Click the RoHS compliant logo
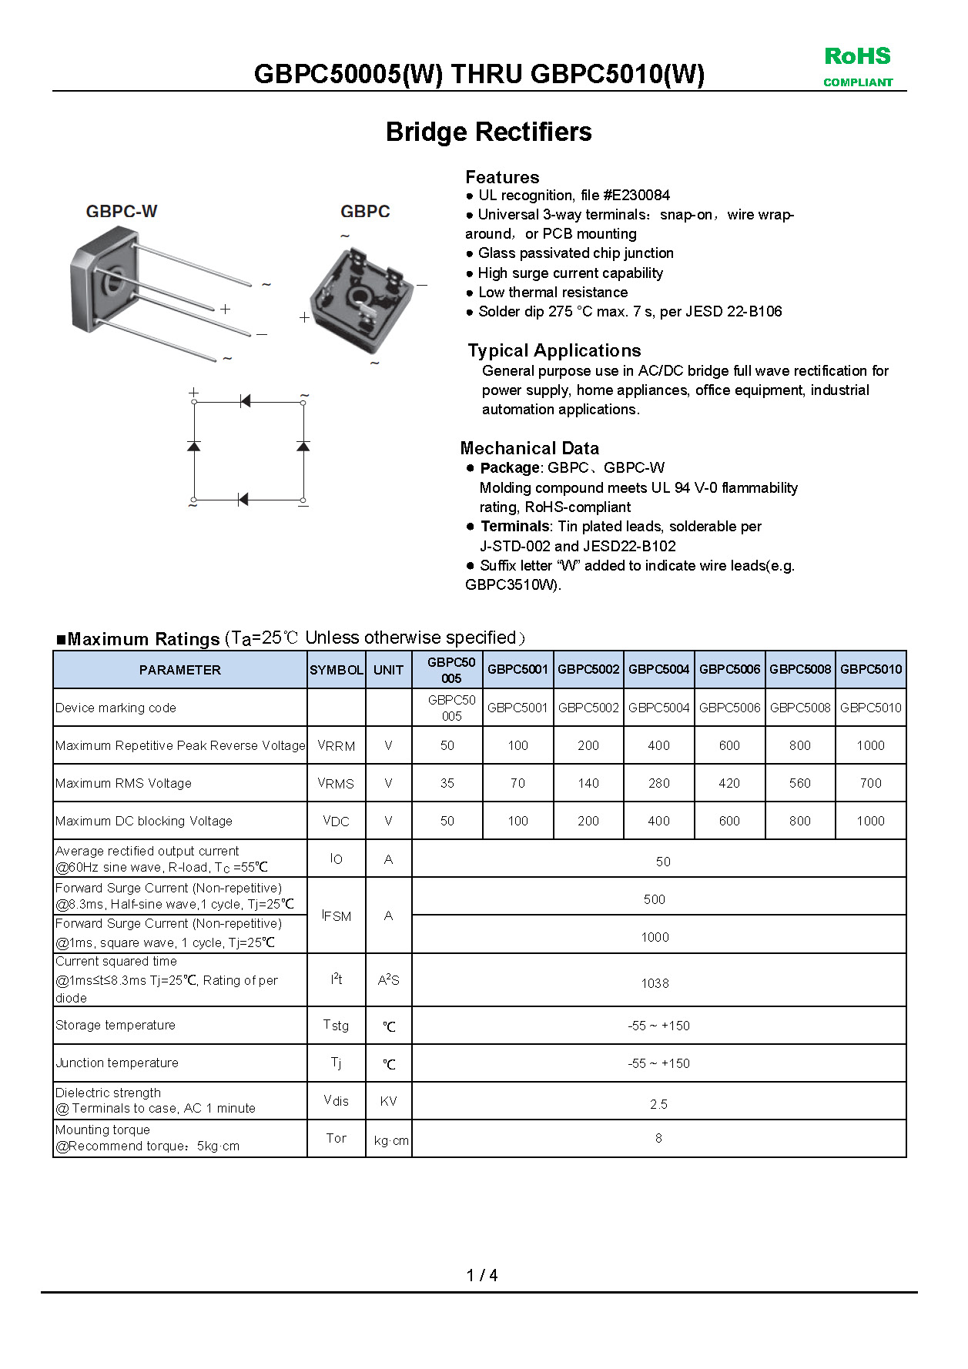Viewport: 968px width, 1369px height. (x=857, y=66)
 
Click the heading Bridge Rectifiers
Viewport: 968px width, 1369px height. (x=488, y=132)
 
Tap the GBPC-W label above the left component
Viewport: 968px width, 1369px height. (x=122, y=211)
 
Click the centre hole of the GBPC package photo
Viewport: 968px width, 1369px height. (x=358, y=297)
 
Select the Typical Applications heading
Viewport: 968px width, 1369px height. (x=554, y=350)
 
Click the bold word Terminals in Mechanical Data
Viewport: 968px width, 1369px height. (x=514, y=527)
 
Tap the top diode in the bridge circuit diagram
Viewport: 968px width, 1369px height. (x=245, y=401)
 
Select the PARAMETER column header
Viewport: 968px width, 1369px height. (x=179, y=670)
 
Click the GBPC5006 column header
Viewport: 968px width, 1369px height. (x=729, y=669)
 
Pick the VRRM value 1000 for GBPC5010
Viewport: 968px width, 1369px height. (x=870, y=745)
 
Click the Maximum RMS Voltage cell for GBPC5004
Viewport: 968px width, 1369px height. (x=658, y=783)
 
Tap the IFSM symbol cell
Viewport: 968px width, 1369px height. (x=337, y=915)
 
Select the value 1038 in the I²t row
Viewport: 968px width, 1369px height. (x=655, y=983)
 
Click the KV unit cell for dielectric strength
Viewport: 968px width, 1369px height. (x=388, y=1101)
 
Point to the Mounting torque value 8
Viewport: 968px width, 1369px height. (x=658, y=1138)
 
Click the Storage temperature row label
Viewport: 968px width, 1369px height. (x=116, y=1025)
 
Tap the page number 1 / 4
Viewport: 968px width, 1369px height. (x=482, y=1275)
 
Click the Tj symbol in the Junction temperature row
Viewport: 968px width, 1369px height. (x=337, y=1063)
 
